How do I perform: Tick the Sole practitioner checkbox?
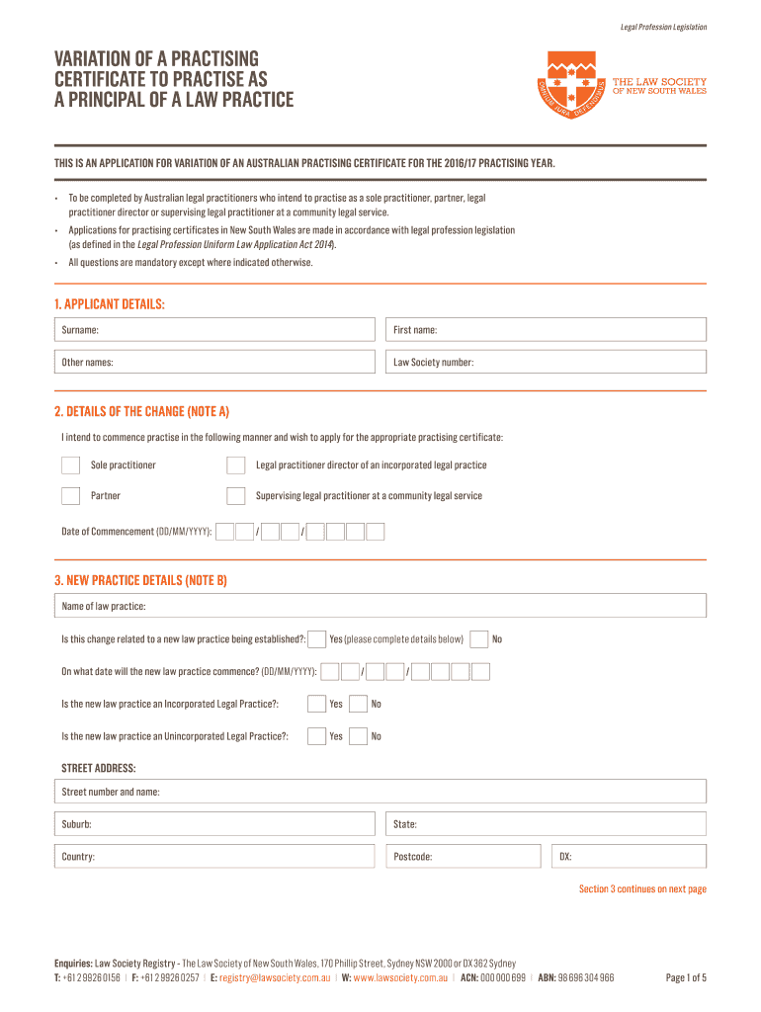[x=71, y=465]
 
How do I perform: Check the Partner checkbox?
[x=71, y=496]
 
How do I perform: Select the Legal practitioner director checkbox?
[x=235, y=465]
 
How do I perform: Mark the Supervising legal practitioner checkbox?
[x=235, y=496]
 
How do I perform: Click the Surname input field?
[x=214, y=330]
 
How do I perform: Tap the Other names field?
[x=214, y=363]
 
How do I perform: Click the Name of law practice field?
[x=380, y=606]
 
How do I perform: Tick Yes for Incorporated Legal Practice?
[x=316, y=705]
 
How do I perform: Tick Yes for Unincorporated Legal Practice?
[x=316, y=736]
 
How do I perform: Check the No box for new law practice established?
[x=479, y=639]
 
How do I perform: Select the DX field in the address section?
[x=628, y=857]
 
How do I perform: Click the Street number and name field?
[x=380, y=792]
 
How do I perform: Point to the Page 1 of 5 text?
[x=686, y=978]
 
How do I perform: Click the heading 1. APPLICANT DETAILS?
[x=110, y=304]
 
